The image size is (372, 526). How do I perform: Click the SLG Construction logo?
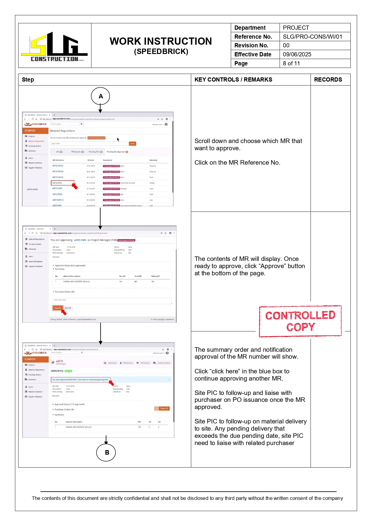(55, 46)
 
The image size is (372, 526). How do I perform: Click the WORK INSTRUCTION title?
(161, 41)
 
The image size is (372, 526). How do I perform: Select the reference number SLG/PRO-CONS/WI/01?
(312, 37)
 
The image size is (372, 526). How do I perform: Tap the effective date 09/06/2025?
(297, 54)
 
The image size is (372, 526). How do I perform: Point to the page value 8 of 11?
(291, 63)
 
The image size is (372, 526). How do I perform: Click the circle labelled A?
(100, 96)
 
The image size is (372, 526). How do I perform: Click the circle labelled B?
(106, 452)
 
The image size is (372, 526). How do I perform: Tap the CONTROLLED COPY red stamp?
(300, 321)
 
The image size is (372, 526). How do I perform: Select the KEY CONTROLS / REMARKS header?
(233, 79)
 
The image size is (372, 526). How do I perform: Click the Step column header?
(28, 79)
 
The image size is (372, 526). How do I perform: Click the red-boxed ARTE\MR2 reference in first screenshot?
(58, 183)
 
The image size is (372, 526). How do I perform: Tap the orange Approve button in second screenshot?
(58, 308)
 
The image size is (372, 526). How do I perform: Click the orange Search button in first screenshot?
(132, 144)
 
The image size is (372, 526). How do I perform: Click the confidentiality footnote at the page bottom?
(187, 498)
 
